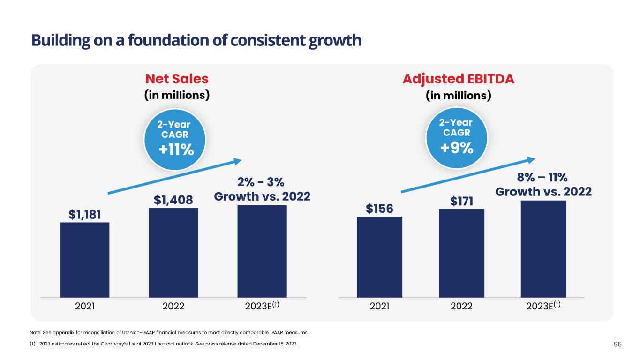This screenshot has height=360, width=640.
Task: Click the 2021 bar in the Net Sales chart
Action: coord(85,260)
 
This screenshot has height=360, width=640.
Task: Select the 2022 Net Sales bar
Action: coord(173,253)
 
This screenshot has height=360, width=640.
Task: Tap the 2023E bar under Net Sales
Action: coord(262,251)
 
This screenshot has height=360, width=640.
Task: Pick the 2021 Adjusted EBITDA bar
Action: coord(379,257)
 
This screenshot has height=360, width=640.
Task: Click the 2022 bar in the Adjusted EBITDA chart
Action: coord(461,253)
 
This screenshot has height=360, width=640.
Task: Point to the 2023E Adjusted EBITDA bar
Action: coord(543,249)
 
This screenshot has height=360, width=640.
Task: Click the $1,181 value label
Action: coord(85,214)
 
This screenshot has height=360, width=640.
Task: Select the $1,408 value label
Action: coord(173,200)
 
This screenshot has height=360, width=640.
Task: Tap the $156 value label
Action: coord(379,208)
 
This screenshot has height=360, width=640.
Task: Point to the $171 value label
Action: coord(461,201)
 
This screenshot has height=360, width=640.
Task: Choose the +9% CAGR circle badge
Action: coord(456,137)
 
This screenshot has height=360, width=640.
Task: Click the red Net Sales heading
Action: coord(176,78)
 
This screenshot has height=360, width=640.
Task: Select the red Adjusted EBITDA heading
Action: coord(458,78)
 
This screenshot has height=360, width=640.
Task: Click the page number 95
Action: coord(617,345)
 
